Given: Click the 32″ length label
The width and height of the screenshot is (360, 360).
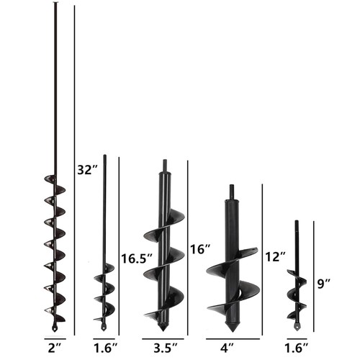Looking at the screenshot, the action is coord(88,170).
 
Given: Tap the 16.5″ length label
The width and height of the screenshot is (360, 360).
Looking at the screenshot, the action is coord(137,258).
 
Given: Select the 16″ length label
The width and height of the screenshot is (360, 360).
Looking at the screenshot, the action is coord(200,249).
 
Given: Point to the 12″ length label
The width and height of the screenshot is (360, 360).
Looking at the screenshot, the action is coord(275,257).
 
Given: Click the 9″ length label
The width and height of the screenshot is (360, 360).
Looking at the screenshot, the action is coord(324,284).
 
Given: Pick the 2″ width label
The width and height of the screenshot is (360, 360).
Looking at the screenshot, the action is coord(55,348).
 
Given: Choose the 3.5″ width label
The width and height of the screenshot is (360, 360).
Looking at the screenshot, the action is coord(166,348).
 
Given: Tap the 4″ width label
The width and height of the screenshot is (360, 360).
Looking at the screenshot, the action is coord(228,348).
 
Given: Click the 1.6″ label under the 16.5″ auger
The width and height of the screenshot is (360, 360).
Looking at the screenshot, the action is coord(105,348).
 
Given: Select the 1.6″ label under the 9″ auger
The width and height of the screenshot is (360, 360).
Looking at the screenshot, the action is coord(296,348).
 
